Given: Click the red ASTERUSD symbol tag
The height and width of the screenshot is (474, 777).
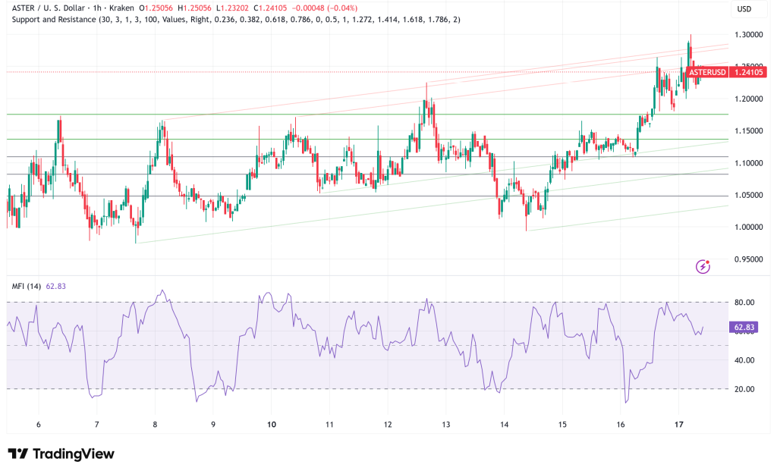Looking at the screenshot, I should point(707,72).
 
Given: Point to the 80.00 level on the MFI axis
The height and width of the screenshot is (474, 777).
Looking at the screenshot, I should point(744,303).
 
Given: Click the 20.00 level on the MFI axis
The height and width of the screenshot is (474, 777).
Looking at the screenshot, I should point(744,389).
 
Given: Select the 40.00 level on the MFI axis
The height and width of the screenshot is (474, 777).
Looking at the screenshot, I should point(744,360).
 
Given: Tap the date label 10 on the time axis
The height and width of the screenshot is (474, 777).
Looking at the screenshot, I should point(271,425).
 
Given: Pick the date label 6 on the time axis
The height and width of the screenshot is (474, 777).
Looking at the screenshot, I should point(38,425).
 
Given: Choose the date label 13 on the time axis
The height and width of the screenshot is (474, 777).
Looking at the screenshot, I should point(446,425).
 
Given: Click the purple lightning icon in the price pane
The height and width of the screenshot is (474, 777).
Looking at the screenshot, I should point(703,266).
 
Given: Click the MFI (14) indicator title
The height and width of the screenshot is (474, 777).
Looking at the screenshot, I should point(26,286).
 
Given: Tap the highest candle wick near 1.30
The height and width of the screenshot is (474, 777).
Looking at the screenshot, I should point(690,36).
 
